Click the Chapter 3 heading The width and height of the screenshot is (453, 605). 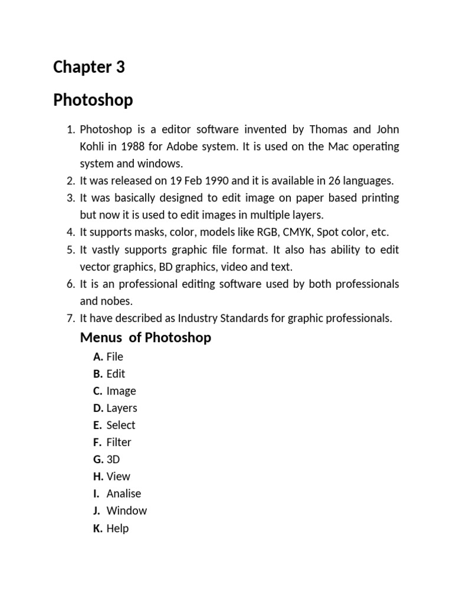coord(89,67)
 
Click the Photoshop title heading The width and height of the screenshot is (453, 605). coord(93,100)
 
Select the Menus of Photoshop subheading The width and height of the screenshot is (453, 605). coord(145,338)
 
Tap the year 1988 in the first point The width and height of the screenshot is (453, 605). coord(133,146)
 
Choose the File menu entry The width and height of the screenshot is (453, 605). coord(114,356)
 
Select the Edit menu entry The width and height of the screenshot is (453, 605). coord(116,373)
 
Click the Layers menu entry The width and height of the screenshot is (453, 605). coord(122,408)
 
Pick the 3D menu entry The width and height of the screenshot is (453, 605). coord(113,459)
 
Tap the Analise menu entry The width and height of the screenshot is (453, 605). coord(124,493)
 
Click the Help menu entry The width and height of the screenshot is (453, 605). coord(117,528)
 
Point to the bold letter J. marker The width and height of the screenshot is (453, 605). coord(97,510)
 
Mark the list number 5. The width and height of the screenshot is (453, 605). coord(70,249)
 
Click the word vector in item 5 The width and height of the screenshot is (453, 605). coord(96,266)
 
